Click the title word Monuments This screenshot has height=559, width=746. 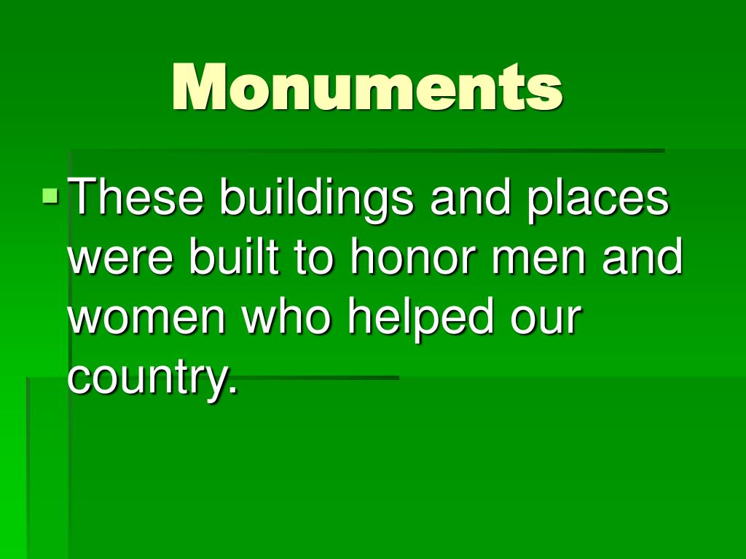[x=367, y=87]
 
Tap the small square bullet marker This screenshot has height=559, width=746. [x=50, y=195]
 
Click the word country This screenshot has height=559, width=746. [x=145, y=378]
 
